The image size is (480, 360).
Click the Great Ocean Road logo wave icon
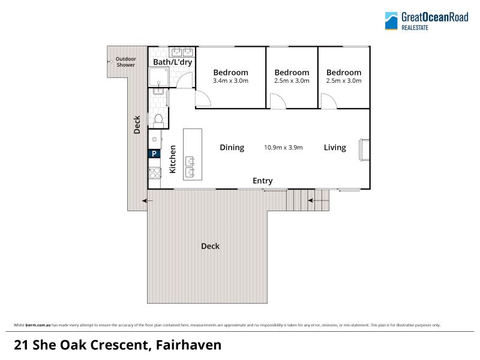click(391, 21)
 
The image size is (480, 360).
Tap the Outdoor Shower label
click(125, 62)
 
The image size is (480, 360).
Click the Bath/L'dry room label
click(172, 62)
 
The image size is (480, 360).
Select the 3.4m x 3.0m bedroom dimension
click(230, 81)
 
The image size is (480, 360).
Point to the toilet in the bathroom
click(158, 121)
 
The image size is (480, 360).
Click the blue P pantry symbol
click(154, 154)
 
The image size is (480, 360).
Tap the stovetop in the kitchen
click(155, 173)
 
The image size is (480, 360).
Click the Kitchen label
click(173, 159)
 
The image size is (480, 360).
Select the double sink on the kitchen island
click(190, 166)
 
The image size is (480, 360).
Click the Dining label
click(232, 148)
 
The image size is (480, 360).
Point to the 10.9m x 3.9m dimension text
click(283, 148)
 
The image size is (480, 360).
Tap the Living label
click(335, 148)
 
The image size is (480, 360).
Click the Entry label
click(262, 181)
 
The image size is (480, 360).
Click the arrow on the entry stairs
click(319, 200)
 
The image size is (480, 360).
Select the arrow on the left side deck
click(148, 201)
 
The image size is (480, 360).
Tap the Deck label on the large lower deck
click(211, 246)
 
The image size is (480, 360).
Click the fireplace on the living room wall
click(364, 149)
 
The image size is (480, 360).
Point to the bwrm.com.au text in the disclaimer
click(38, 325)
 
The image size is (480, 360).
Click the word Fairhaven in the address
click(188, 345)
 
